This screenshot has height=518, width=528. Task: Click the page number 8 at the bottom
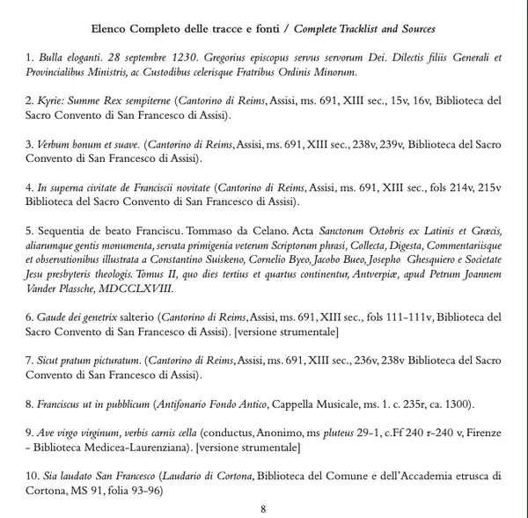point(264,508)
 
